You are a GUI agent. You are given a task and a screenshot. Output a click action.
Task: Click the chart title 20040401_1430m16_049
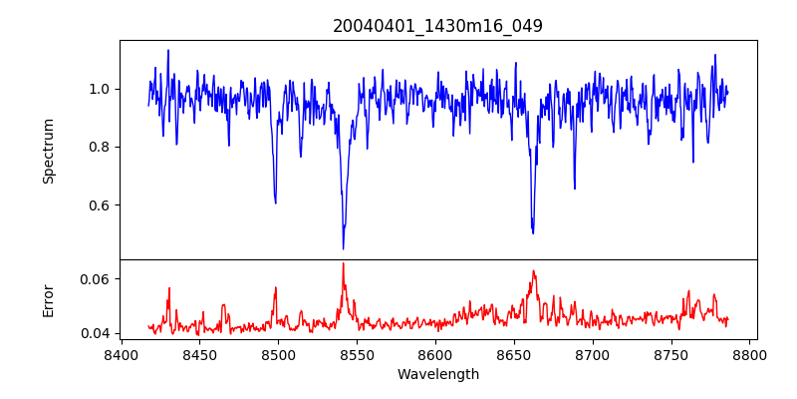coord(438,26)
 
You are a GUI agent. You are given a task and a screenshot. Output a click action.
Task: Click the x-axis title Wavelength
coord(438,375)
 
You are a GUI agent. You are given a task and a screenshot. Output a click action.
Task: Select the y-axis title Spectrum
coord(49,151)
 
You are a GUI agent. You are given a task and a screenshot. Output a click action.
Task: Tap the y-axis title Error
coord(49,299)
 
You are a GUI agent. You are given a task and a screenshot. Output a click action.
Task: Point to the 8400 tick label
coord(121,354)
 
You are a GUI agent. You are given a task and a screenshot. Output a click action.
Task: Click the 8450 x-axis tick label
coord(199,354)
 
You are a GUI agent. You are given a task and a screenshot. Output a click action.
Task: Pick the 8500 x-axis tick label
coord(278,354)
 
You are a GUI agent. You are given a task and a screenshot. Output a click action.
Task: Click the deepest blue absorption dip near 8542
coord(343,248)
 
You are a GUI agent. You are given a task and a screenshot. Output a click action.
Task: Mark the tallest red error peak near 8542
coord(343,263)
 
